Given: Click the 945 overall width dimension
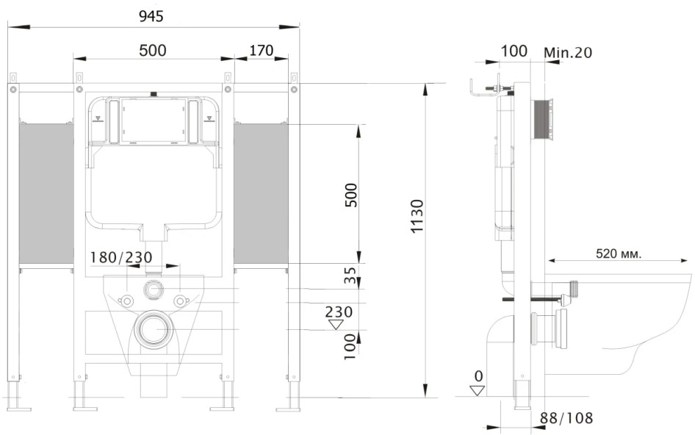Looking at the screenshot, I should point(149,15).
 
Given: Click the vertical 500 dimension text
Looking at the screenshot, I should point(351,195).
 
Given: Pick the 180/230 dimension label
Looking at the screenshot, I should point(121,256).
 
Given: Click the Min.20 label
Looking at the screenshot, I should point(569,52).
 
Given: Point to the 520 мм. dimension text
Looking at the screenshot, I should point(618,254).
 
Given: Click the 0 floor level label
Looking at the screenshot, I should point(478,376).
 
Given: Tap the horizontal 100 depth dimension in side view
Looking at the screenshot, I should point(514,51).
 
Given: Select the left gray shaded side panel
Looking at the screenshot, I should point(46,193).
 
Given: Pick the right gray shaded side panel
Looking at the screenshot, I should point(261,193).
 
